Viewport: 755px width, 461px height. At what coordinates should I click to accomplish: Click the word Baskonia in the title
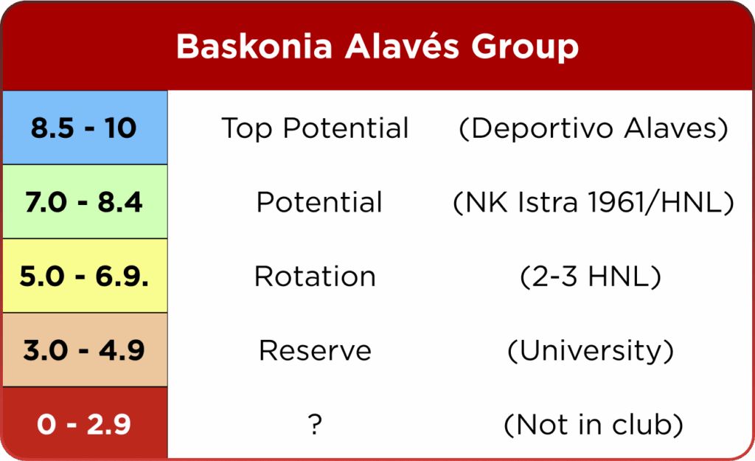coord(254,46)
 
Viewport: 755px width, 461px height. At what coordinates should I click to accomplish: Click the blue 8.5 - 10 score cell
coord(85,128)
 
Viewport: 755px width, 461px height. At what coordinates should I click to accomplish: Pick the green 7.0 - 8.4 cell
coord(85,202)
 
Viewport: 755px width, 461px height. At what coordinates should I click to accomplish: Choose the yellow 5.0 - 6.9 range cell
coord(85,276)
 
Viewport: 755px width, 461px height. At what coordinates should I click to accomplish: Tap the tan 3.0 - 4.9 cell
coord(85,350)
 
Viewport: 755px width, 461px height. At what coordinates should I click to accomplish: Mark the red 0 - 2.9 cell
coord(85,423)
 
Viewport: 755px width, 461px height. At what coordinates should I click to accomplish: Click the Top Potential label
coord(315,128)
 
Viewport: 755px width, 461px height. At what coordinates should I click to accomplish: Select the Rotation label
coord(315,277)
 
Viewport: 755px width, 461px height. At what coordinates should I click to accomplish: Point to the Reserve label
coord(315,350)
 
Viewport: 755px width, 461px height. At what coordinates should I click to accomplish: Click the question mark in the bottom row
coord(315,424)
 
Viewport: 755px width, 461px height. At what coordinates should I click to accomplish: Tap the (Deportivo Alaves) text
coord(594,128)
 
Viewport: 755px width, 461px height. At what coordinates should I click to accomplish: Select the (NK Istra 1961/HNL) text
coord(594,202)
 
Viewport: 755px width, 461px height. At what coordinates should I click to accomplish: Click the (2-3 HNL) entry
coord(591,277)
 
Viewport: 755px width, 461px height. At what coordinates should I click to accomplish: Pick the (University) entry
coord(591,350)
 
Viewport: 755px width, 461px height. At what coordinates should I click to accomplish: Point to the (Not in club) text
coord(594,425)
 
